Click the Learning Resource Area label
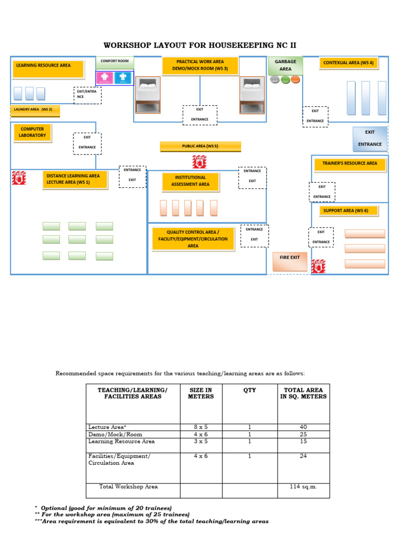(48, 69)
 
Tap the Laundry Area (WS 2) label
(35, 110)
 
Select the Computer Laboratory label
(32, 133)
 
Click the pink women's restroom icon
(105, 78)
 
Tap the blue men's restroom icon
(123, 78)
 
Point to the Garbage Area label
(285, 65)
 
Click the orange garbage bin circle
(295, 80)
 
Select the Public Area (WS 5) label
(201, 146)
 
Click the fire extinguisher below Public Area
(199, 162)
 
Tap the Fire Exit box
(290, 261)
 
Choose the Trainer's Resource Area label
(350, 164)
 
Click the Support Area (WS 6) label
(348, 211)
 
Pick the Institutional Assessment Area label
(191, 182)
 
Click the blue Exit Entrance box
(370, 138)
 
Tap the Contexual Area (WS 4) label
(348, 63)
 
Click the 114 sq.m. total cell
(304, 487)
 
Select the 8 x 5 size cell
(201, 427)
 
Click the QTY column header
(249, 390)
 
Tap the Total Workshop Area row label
(129, 487)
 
